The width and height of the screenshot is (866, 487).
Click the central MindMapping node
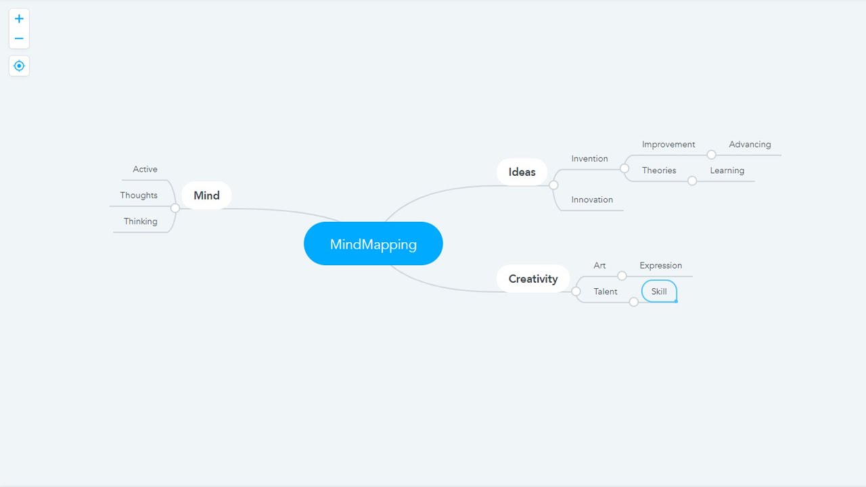(x=373, y=244)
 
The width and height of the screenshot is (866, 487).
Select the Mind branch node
(x=206, y=195)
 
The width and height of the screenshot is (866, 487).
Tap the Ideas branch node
(x=522, y=172)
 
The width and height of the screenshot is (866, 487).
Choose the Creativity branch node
(x=533, y=279)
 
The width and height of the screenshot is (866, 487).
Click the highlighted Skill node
(x=659, y=292)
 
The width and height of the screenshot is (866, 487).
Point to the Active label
(x=145, y=169)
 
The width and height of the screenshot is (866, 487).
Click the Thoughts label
(x=139, y=195)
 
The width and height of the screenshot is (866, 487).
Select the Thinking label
(x=140, y=221)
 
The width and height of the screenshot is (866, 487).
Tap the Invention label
(x=589, y=159)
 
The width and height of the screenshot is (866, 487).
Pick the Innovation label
(x=592, y=200)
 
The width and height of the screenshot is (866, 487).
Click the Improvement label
(x=668, y=145)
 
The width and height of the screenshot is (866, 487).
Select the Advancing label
(x=750, y=145)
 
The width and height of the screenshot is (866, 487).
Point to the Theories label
(x=659, y=170)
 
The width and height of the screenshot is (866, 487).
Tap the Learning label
(x=727, y=170)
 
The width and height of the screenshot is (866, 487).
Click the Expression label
(x=660, y=266)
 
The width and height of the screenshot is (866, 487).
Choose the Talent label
(x=606, y=292)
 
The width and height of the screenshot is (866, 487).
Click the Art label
(x=599, y=266)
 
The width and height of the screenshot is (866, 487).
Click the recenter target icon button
(x=19, y=66)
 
